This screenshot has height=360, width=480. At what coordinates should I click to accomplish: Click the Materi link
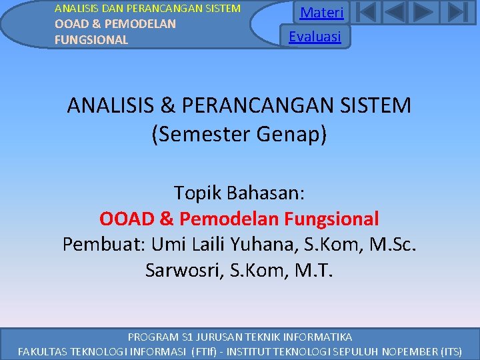[321, 13]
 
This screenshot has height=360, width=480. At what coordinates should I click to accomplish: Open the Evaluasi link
[315, 36]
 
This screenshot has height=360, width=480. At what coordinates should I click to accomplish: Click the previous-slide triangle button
[395, 13]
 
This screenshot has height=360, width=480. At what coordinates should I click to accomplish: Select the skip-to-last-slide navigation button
[456, 13]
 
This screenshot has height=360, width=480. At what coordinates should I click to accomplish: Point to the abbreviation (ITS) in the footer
[447, 351]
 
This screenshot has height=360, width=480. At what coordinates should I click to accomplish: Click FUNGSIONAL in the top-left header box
[91, 40]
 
